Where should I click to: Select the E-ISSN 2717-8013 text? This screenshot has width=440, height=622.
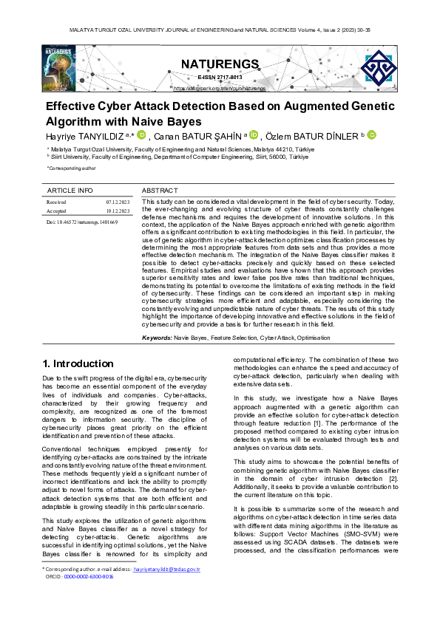pos(220,77)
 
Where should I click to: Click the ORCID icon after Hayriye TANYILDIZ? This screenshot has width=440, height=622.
pos(141,134)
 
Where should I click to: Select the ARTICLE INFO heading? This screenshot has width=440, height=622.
pos(70,191)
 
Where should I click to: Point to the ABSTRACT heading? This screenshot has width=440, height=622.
pos(159,191)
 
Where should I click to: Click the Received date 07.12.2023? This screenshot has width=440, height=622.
pos(118,201)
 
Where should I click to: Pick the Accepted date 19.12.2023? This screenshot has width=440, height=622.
pos(118,211)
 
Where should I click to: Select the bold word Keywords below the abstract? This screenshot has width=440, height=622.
pos(157,337)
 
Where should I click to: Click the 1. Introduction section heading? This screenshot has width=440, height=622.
pos(78,363)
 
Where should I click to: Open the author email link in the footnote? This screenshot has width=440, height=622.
pos(166,570)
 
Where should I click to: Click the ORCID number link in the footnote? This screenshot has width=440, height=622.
pos(88,577)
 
